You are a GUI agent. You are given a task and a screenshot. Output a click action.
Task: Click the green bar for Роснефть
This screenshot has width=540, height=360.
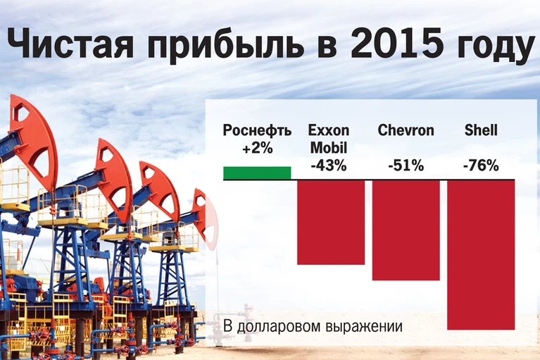click(257, 173)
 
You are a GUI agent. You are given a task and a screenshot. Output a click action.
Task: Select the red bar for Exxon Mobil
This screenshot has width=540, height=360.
click(331, 222)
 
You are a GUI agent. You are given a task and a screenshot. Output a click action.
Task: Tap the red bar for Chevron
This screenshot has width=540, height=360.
click(406, 230)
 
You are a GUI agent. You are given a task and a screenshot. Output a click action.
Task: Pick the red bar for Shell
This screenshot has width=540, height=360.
click(481, 254)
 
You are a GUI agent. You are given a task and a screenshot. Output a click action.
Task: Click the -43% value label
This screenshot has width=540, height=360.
click(329, 166)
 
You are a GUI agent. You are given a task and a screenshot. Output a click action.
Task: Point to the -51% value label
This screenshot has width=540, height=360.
click(406, 166)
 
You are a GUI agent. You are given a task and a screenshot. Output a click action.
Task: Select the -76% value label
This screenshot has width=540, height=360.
click(481, 166)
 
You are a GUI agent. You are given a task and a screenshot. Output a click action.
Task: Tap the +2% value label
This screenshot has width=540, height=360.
click(257, 149)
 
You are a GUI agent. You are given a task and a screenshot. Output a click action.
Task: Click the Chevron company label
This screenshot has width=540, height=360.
click(406, 130)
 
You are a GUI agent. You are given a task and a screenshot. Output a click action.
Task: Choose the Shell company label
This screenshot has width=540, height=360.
click(481, 130)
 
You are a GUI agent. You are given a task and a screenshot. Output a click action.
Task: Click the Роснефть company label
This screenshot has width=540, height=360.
click(257, 130)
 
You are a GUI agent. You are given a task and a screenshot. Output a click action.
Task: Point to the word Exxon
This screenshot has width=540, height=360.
click(329, 130)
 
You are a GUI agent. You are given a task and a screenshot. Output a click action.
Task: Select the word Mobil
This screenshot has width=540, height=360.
click(329, 148)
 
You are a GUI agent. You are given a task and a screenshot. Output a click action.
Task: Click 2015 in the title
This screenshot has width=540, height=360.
click(397, 44)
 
